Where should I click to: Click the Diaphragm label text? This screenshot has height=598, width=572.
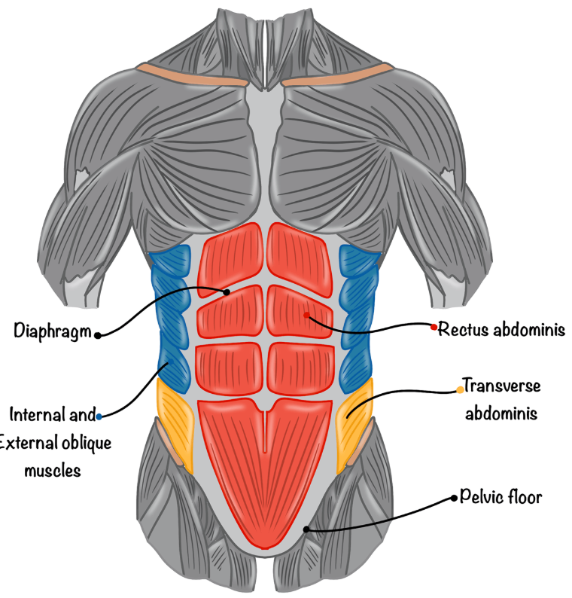tap(51, 331)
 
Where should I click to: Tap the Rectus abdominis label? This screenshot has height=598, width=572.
tap(501, 329)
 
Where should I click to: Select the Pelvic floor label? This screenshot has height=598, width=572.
tap(500, 498)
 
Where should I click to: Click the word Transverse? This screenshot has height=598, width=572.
tap(502, 386)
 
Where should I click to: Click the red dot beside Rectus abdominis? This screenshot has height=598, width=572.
tap(434, 327)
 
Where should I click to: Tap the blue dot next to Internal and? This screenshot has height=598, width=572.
tap(99, 415)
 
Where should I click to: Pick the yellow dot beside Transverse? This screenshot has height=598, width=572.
tap(460, 389)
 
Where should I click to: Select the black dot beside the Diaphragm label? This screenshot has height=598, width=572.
tap(98, 335)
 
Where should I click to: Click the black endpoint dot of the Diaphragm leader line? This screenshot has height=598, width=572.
tap(227, 291)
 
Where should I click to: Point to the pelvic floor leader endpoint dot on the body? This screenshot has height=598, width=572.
tap(306, 529)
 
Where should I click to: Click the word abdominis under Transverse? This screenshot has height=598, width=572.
tap(497, 413)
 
